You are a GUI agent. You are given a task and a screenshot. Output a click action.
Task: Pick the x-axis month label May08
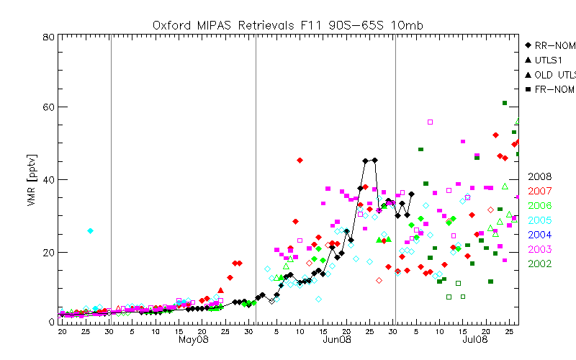(194, 339)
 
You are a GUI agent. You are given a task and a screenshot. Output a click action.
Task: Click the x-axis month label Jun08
(336, 339)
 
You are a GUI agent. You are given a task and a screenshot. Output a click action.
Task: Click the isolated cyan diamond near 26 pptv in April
(90, 230)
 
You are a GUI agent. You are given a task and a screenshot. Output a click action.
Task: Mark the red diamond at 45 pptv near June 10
(300, 160)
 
